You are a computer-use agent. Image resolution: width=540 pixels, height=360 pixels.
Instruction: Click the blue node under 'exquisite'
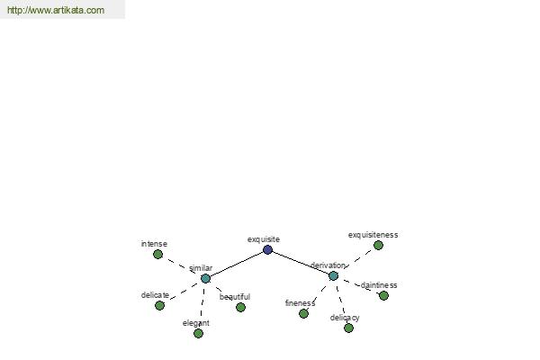[x=267, y=250]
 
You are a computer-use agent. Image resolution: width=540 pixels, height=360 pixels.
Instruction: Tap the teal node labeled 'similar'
[x=205, y=278]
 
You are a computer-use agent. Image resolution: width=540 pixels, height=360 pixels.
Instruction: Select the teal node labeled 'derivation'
[x=333, y=275]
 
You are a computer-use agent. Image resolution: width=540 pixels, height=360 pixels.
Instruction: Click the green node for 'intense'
[x=157, y=254]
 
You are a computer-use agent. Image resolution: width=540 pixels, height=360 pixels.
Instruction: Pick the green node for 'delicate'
[x=159, y=305]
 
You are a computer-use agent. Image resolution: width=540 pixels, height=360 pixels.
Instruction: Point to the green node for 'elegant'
[x=198, y=333]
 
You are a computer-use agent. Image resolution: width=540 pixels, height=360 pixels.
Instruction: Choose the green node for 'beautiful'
[x=240, y=307]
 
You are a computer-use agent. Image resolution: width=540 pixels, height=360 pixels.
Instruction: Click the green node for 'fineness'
[x=303, y=313]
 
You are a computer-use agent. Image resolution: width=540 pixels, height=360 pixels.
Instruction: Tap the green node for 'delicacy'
[x=348, y=328]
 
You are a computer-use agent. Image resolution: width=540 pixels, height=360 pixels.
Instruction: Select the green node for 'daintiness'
[x=383, y=295]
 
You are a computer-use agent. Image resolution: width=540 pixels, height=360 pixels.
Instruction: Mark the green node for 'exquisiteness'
[x=378, y=245]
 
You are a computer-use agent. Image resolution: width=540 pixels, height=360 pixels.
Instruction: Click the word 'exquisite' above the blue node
[x=264, y=239]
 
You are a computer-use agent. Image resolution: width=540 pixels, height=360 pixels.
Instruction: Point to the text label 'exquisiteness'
[x=373, y=235]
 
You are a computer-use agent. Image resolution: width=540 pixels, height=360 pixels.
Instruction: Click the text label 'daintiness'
[x=379, y=285]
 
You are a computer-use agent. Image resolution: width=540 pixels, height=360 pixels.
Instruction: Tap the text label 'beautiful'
[x=235, y=297]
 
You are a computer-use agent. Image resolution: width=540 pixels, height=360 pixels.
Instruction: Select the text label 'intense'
[x=154, y=244]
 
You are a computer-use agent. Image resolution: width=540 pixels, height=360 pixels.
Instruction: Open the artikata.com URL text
[x=56, y=10]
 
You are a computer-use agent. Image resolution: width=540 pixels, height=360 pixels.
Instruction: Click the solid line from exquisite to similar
[x=237, y=265]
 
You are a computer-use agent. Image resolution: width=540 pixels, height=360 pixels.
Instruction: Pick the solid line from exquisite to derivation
[x=301, y=263]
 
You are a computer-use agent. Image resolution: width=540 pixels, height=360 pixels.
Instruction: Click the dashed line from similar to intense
[x=182, y=266]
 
